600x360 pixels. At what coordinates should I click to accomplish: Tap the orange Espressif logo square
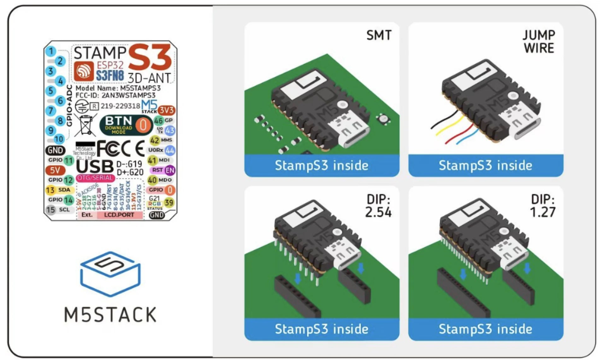click(84, 71)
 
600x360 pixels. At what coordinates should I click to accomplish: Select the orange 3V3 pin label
click(166, 110)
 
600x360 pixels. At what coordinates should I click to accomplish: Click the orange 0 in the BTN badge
click(143, 125)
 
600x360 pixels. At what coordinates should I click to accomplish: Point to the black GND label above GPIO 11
click(56, 150)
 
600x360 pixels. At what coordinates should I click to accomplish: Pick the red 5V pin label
click(55, 170)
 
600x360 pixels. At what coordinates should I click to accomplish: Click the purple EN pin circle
click(170, 170)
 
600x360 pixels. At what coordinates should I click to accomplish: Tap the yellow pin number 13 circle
click(50, 190)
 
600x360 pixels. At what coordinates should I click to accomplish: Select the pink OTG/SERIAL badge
click(95, 178)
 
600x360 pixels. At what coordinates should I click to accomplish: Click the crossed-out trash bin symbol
click(85, 125)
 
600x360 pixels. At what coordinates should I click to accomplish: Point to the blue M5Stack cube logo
click(110, 274)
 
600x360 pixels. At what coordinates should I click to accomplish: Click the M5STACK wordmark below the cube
click(110, 315)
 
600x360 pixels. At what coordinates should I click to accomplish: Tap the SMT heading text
click(379, 35)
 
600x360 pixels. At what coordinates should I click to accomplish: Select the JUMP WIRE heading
click(538, 42)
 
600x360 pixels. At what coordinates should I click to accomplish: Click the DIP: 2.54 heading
click(378, 206)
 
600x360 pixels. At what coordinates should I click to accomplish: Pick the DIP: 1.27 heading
click(543, 206)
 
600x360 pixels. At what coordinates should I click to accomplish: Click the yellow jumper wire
click(450, 125)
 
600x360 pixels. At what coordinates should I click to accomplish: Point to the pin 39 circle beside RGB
click(169, 203)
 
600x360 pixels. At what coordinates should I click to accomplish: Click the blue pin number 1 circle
click(50, 51)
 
